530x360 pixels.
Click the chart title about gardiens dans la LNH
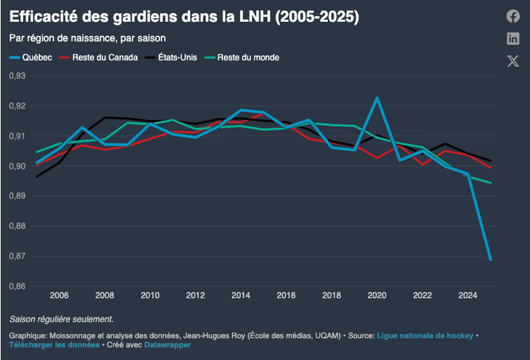coord(184,17)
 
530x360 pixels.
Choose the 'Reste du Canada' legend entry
coord(100,58)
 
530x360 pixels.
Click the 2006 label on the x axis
coord(59,296)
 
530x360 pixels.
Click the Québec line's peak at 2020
coord(377,98)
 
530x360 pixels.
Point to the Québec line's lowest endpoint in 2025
coord(490,259)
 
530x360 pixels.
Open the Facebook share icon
coord(513,16)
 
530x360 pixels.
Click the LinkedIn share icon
coord(513,38)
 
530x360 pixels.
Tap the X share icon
coord(513,61)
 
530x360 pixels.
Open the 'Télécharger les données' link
coord(54,345)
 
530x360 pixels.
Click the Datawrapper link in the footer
coord(167,345)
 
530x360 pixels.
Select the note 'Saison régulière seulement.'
coord(61,319)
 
